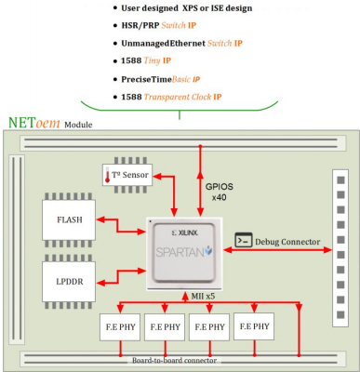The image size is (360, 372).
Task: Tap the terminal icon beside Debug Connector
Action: [244, 240]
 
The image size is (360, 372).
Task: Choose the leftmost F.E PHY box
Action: [120, 328]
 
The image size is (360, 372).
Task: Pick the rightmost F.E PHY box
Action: [254, 326]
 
